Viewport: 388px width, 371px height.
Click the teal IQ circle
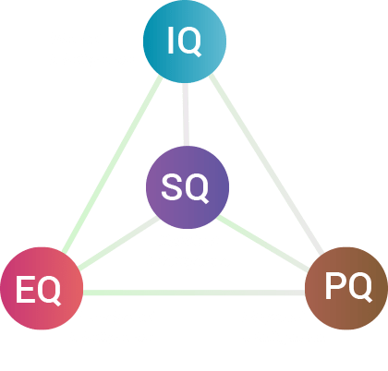click(185, 42)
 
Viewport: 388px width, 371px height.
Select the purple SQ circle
click(188, 187)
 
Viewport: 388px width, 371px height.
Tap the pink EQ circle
click(42, 288)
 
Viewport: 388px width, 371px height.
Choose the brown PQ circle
click(346, 288)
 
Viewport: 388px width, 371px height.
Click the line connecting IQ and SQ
click(186, 114)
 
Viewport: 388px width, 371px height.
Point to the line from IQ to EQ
click(113, 164)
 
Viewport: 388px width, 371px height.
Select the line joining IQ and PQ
click(266, 164)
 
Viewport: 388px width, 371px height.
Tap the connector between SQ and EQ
click(118, 243)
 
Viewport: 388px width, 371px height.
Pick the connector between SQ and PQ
click(262, 244)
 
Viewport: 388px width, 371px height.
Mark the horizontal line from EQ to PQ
click(194, 293)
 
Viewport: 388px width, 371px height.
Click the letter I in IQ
click(170, 41)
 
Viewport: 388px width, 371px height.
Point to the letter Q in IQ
click(189, 42)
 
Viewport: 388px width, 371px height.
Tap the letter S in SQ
click(171, 186)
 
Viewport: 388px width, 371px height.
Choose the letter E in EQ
click(25, 289)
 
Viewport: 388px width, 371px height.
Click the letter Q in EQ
click(48, 290)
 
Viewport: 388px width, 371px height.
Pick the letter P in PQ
click(335, 285)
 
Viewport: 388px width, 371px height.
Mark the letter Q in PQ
click(360, 286)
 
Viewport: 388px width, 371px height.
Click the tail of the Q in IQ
click(198, 54)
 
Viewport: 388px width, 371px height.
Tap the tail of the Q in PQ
click(369, 300)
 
